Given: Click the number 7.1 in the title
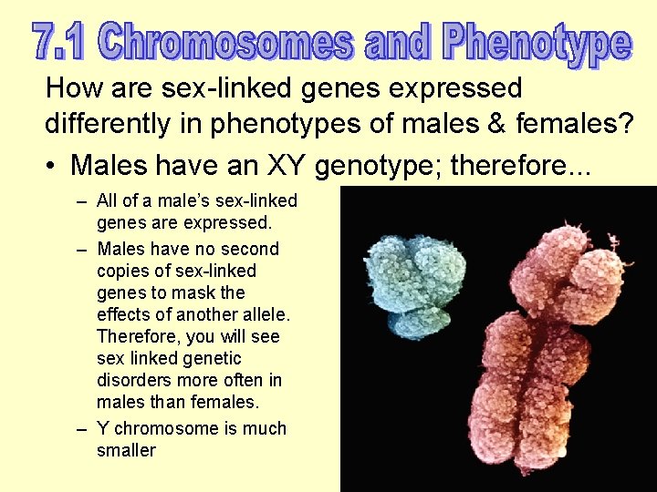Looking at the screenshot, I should pyautogui.click(x=60, y=41).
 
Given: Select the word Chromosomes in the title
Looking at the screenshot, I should pyautogui.click(x=225, y=41).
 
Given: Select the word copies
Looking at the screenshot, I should pyautogui.click(x=124, y=271).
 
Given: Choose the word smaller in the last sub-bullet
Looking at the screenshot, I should pyautogui.click(x=126, y=450).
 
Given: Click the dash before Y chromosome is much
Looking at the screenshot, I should pyautogui.click(x=81, y=428).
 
